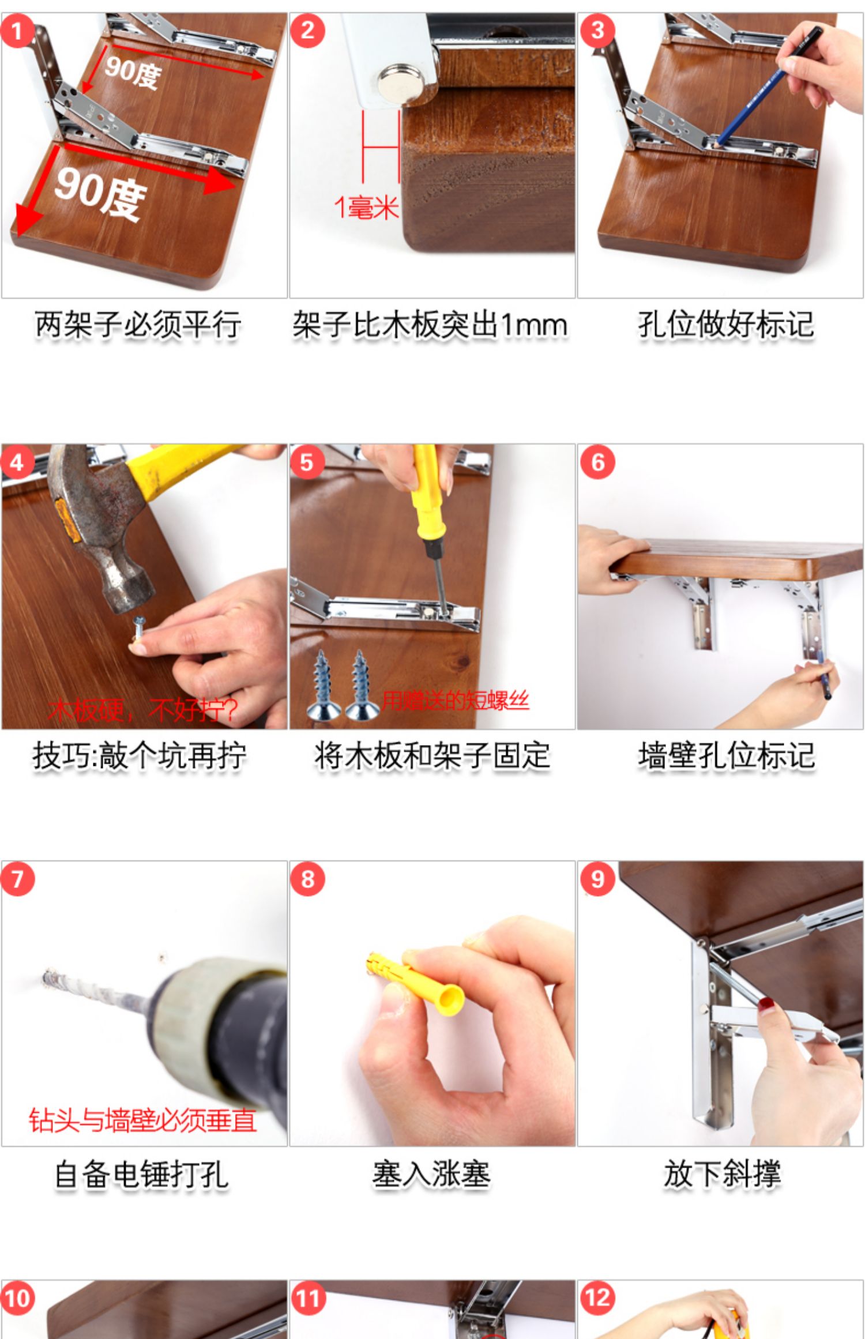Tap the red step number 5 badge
307,462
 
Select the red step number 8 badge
307,879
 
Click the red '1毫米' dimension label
367,207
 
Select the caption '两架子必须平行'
138,325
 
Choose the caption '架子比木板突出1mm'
430,325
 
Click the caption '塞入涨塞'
431,1174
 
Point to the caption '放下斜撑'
722,1174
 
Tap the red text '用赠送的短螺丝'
456,700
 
